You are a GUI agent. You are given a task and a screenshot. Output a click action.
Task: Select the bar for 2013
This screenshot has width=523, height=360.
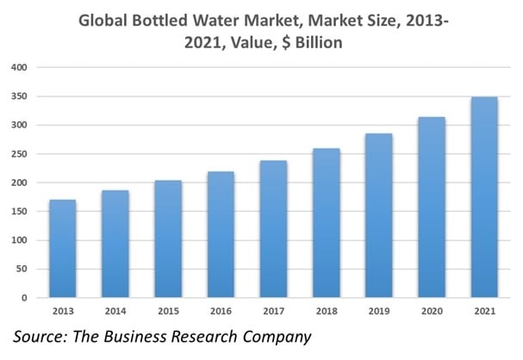(62, 249)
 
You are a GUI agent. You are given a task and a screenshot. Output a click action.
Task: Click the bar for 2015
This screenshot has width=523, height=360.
(168, 239)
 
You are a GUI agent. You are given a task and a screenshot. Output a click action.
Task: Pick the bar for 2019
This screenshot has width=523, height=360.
(379, 215)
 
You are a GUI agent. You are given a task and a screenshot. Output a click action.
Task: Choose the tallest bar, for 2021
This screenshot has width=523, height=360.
(485, 197)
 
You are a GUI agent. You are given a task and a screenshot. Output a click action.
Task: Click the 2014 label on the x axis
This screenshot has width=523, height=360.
(115, 310)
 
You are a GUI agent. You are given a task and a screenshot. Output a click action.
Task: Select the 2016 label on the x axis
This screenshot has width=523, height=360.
(221, 310)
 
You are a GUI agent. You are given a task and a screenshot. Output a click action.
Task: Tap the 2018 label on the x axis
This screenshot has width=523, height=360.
(327, 310)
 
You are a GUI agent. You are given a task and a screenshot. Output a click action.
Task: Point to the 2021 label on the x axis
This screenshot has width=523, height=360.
(485, 310)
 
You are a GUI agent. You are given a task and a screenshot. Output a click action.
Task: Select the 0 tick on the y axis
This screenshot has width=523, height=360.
(24, 298)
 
